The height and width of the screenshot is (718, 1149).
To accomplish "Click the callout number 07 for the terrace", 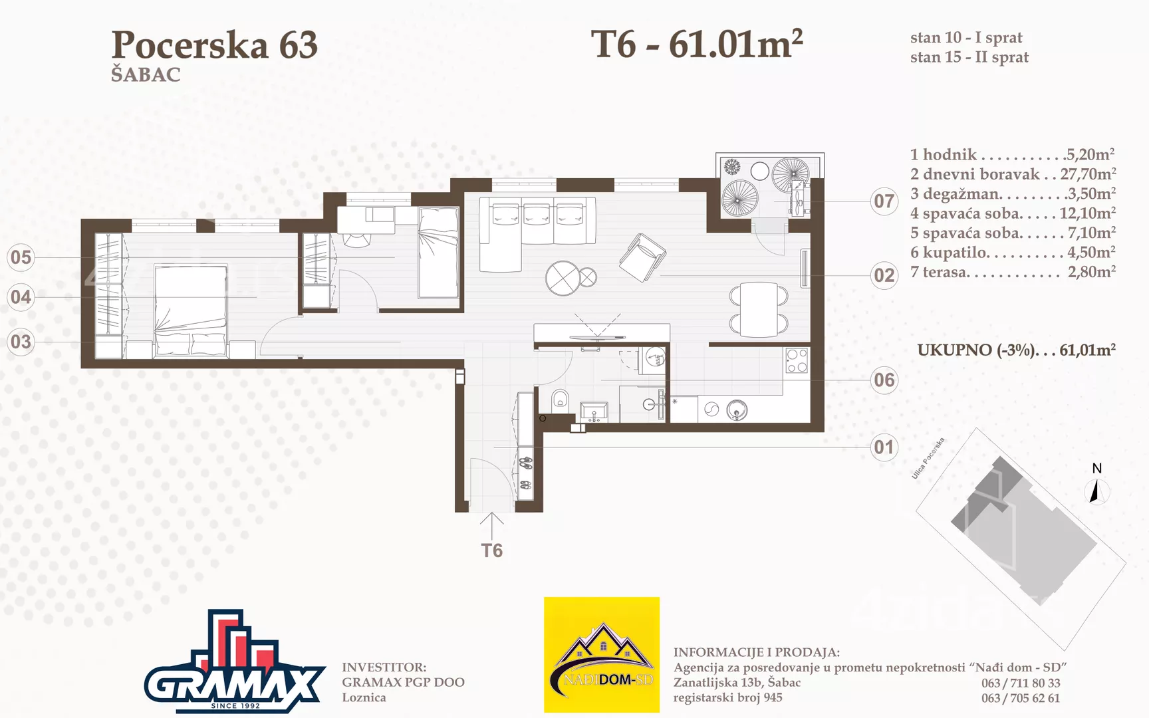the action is pyautogui.click(x=884, y=201).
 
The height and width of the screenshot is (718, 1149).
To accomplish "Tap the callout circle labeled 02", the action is pyautogui.click(x=884, y=275).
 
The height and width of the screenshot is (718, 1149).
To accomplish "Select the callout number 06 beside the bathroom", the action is pyautogui.click(x=884, y=380).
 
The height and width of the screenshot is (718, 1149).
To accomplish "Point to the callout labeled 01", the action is pyautogui.click(x=884, y=447).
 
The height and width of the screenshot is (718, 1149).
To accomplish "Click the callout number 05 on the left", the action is pyautogui.click(x=21, y=257).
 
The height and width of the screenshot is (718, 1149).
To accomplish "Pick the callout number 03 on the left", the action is pyautogui.click(x=21, y=342).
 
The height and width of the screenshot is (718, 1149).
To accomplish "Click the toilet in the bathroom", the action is pyautogui.click(x=561, y=399).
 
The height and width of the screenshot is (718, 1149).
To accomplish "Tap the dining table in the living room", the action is pyautogui.click(x=759, y=309).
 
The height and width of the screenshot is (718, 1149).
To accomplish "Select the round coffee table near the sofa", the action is pyautogui.click(x=563, y=278).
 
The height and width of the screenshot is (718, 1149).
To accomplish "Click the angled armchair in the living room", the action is pyautogui.click(x=642, y=257).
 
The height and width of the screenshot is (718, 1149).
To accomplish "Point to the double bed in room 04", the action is pyautogui.click(x=191, y=311).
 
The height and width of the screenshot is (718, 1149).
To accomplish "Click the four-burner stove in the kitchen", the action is pyautogui.click(x=797, y=360).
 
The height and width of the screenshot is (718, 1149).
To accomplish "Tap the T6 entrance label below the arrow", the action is pyautogui.click(x=492, y=550).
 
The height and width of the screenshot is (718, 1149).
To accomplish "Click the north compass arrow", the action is pyautogui.click(x=1096, y=492).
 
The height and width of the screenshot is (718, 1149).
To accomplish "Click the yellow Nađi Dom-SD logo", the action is pyautogui.click(x=602, y=655).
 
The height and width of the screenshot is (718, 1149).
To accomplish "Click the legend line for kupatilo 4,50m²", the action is pyautogui.click(x=1013, y=253).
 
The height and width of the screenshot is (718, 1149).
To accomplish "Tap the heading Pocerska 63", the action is pyautogui.click(x=215, y=45).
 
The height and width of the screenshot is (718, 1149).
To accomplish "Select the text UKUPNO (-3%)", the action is pyautogui.click(x=976, y=350).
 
